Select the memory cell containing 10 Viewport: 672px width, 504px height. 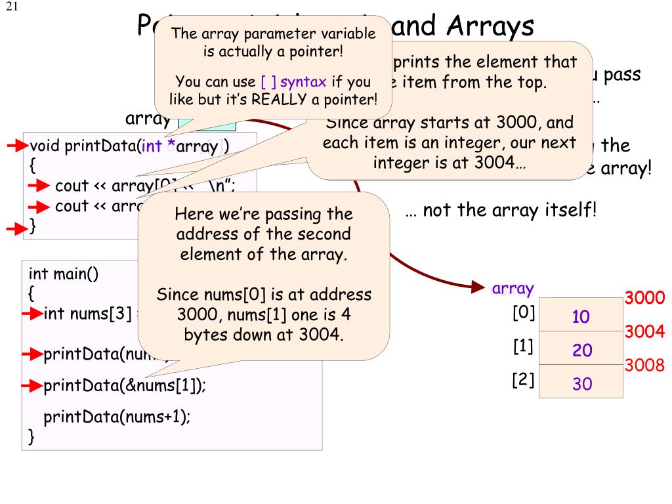[x=581, y=316]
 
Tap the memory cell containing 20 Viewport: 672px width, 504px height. [x=581, y=350]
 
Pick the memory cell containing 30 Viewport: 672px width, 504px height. [x=581, y=383]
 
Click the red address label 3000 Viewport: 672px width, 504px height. [x=645, y=298]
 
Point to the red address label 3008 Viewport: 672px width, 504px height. [x=645, y=366]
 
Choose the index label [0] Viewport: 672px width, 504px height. [x=524, y=313]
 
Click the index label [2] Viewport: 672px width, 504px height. [x=524, y=380]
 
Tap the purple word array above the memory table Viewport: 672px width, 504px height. [x=513, y=289]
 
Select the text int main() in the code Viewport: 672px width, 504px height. [x=64, y=273]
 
